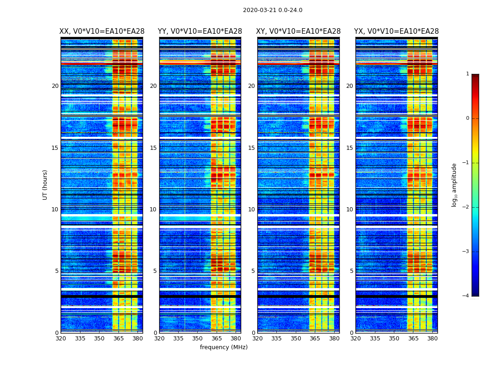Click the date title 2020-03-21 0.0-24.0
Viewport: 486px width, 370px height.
[x=273, y=10]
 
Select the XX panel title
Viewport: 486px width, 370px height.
[x=102, y=31]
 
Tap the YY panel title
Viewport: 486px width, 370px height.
[x=200, y=31]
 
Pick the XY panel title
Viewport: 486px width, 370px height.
[x=299, y=31]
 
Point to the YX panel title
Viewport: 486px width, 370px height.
[x=396, y=31]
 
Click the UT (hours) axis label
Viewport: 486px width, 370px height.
[x=45, y=185]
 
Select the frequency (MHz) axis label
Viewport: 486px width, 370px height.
[x=224, y=347]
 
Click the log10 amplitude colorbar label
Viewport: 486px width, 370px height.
[x=454, y=185]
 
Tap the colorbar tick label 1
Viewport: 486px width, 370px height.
[x=467, y=74]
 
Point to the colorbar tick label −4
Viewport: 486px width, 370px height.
[x=466, y=296]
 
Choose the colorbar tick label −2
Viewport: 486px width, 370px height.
[x=466, y=207]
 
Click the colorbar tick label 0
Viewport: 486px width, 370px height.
[x=467, y=118]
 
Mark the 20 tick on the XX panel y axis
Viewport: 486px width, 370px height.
[x=55, y=86]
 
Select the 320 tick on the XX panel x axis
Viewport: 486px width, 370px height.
[x=61, y=339]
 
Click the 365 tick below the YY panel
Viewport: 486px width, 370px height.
[x=217, y=339]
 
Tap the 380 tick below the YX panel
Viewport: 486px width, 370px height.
[x=432, y=339]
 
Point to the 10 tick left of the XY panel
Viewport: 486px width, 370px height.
[x=251, y=210]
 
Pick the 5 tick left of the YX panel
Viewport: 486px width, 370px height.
[x=351, y=271]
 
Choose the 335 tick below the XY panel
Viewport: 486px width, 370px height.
[x=276, y=339]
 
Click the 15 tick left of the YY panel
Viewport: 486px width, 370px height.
[x=153, y=148]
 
